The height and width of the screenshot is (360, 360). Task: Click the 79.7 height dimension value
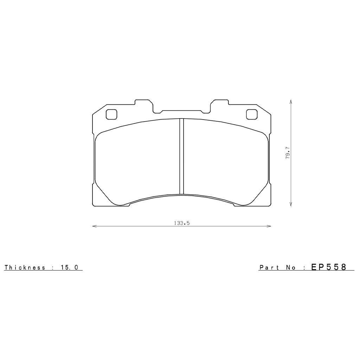287,155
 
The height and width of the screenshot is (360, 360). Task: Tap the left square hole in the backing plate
111,114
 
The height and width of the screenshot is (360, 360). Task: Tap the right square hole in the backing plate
251,114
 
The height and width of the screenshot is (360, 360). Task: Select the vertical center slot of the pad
182,156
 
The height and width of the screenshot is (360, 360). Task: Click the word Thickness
25,268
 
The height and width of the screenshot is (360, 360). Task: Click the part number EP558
329,267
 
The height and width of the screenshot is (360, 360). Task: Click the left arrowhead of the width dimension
94,226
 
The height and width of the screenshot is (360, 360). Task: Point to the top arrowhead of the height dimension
291,101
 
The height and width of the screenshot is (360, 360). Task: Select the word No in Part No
290,268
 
